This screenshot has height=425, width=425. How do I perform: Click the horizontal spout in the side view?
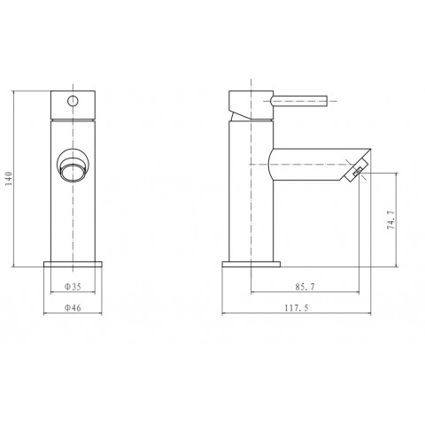(310, 166)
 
